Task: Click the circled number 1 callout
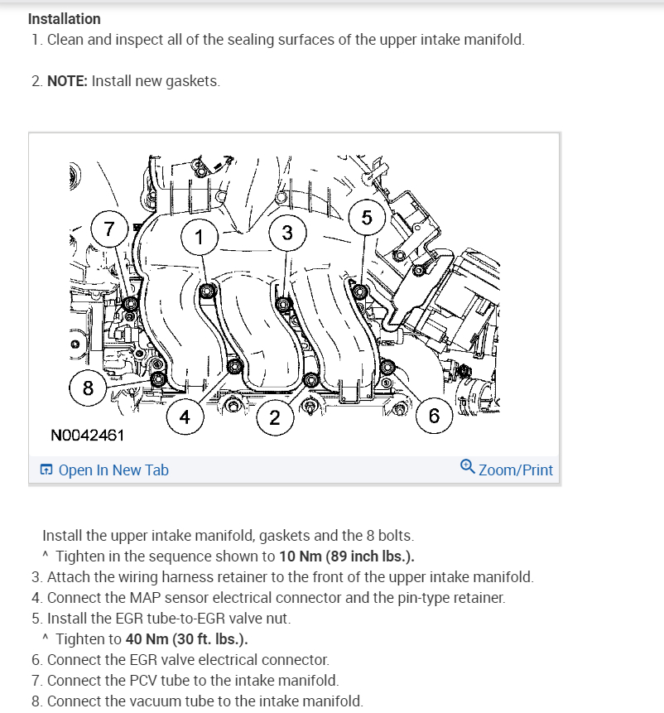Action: coord(198,237)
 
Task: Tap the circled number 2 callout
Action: coord(274,417)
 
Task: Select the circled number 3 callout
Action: coord(286,233)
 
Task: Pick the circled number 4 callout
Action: coord(185,417)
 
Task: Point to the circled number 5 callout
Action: coord(367,218)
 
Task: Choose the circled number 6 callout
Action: coord(434,416)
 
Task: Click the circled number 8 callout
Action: coord(88,388)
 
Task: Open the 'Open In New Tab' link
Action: coord(113,470)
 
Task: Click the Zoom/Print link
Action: coord(515,470)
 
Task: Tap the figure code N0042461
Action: coord(88,435)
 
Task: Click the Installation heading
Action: coord(65,18)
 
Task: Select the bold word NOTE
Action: coord(67,81)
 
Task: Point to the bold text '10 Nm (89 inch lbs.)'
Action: coord(347,556)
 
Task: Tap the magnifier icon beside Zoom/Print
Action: coord(468,468)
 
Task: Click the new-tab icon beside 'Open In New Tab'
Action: coord(46,470)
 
